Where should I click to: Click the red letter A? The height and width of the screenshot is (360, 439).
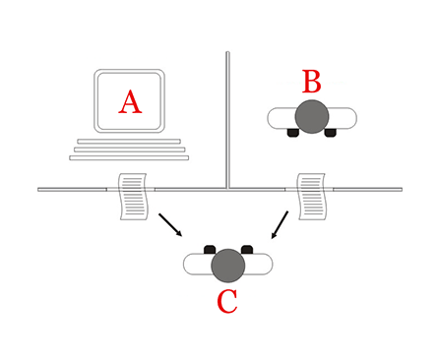pos(129,101)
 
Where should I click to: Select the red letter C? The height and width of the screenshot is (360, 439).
pos(226,301)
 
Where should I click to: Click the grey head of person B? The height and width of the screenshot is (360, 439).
pos(311,116)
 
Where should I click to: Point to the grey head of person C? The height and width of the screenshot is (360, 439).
pos(227,264)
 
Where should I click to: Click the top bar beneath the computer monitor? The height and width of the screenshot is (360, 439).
pos(129,142)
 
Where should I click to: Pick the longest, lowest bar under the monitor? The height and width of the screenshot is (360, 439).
pos(129,157)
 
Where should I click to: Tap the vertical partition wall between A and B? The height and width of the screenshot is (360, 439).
pos(227,118)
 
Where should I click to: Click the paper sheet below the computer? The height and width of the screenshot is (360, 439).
pos(132,196)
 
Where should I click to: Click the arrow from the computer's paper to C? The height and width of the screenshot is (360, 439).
pos(169,223)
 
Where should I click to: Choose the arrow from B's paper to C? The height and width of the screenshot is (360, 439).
pos(281,225)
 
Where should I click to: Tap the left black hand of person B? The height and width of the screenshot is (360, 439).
pos(292,133)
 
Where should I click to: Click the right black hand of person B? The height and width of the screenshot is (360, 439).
pos(331,133)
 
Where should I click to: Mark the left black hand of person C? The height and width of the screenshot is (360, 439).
pos(209,250)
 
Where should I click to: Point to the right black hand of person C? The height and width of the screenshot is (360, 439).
pos(247,250)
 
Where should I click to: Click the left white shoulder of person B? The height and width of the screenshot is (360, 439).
pos(281,118)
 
